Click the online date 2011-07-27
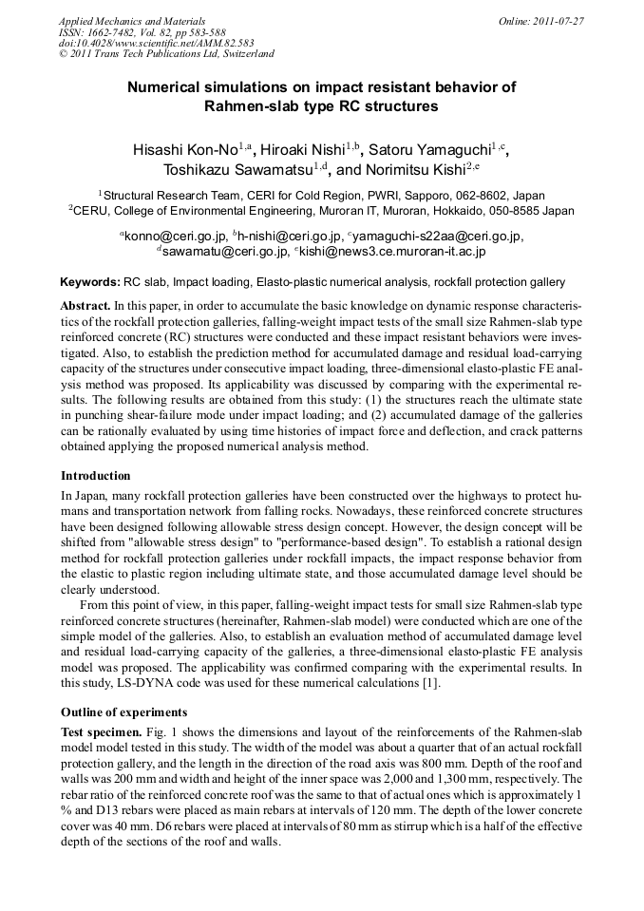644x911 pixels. coord(558,20)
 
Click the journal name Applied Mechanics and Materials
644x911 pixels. coord(132,20)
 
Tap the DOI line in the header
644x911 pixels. coord(156,43)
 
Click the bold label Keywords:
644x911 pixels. coord(90,282)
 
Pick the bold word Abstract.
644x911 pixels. coord(85,306)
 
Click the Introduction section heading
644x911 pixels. coord(96,475)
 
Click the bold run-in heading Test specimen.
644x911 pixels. coord(102,733)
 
